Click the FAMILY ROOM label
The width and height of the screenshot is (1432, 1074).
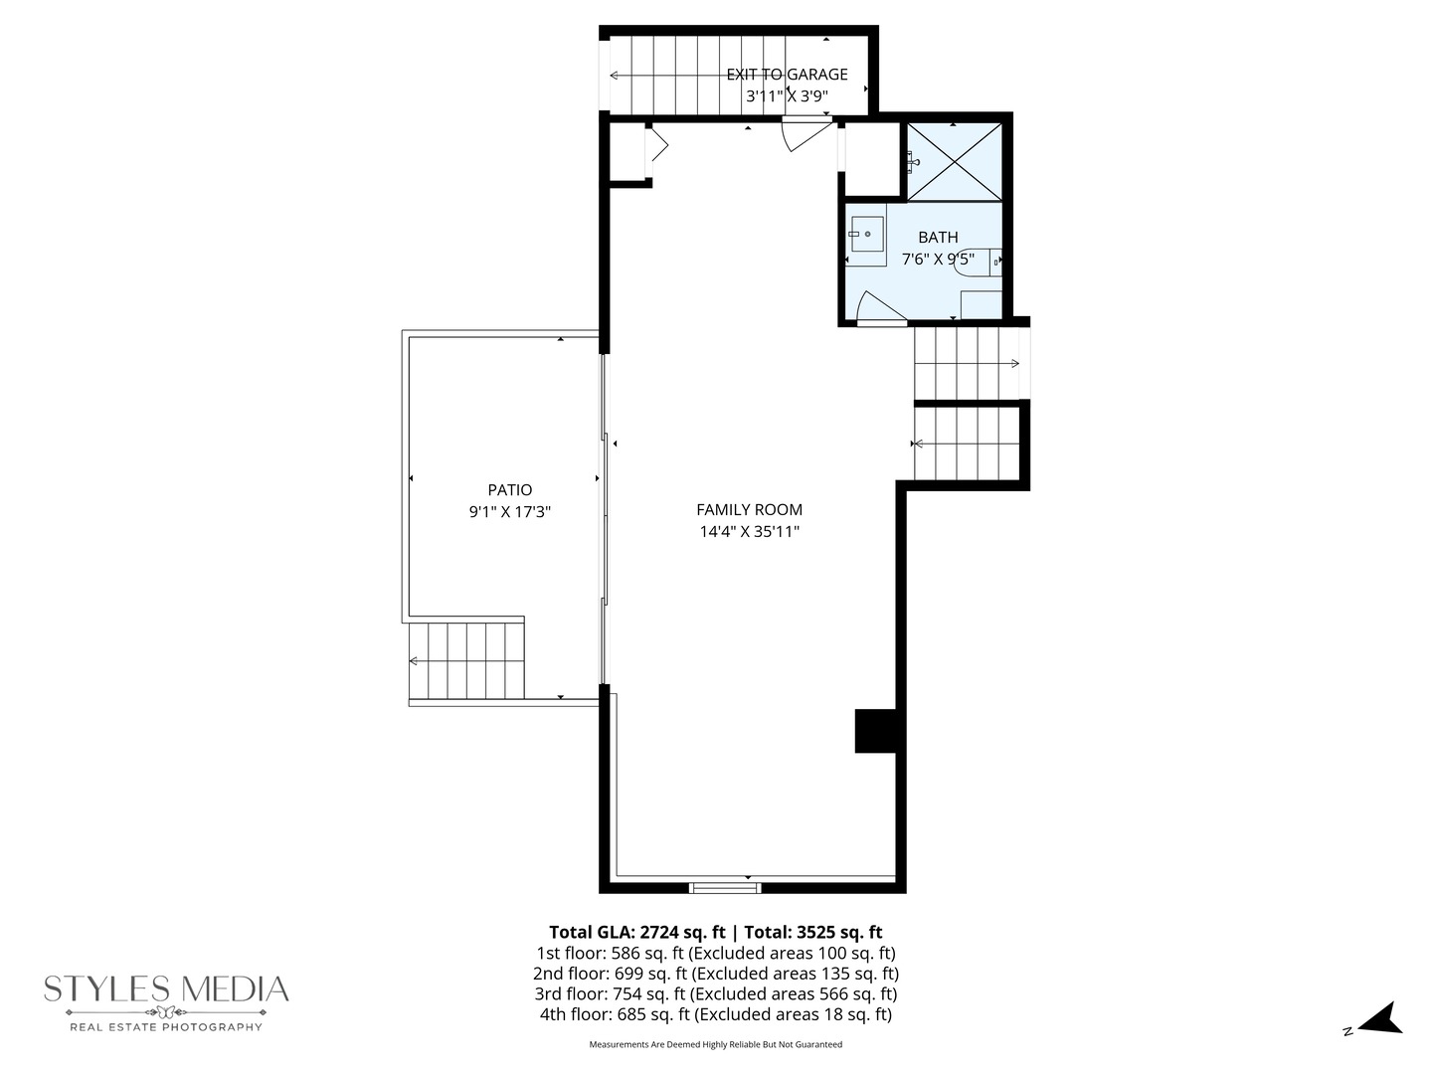click(x=749, y=510)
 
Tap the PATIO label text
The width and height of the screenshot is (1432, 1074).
click(x=509, y=490)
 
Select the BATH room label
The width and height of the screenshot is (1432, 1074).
click(x=938, y=238)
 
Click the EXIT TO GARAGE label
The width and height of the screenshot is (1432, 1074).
click(x=787, y=75)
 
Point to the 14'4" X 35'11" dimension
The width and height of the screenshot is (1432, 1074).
click(x=749, y=532)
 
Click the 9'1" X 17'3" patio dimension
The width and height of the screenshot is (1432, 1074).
click(x=509, y=512)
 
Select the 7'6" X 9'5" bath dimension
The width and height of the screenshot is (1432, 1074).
click(x=937, y=260)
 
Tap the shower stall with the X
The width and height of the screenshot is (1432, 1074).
click(x=954, y=161)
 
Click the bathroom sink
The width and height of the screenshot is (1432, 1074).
click(x=866, y=235)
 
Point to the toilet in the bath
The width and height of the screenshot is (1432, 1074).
click(x=979, y=261)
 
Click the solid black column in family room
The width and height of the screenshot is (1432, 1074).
click(x=876, y=731)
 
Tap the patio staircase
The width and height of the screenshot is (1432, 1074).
click(x=466, y=660)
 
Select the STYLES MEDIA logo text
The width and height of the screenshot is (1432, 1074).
click(x=166, y=988)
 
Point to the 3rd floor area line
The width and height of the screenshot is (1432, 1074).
click(x=715, y=994)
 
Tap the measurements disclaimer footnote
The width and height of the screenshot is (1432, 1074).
click(x=715, y=1044)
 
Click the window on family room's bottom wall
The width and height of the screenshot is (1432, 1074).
click(x=725, y=887)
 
